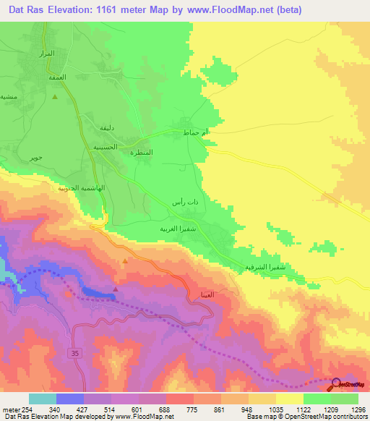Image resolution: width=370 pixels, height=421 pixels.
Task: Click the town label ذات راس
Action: (x=186, y=204)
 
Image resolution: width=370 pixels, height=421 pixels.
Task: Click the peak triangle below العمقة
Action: (x=54, y=95)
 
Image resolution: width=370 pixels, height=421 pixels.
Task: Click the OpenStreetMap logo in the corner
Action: (x=349, y=386)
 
